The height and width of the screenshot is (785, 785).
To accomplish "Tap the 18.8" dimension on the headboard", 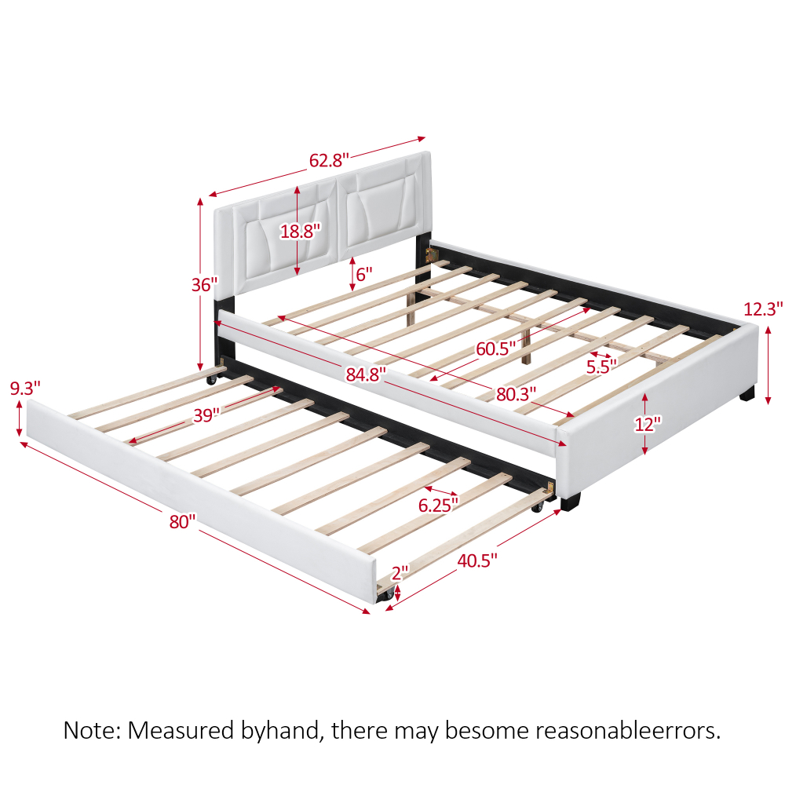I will click(x=301, y=231).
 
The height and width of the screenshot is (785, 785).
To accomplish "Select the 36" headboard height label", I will click(x=203, y=285).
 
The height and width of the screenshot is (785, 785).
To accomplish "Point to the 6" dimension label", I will click(x=363, y=275).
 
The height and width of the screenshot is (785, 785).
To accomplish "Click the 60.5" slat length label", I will click(x=495, y=347).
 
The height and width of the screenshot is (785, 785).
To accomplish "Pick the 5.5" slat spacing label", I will click(x=601, y=365).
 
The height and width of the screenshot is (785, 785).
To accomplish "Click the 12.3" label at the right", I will click(x=764, y=309).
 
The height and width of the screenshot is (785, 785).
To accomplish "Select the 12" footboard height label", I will click(x=648, y=423).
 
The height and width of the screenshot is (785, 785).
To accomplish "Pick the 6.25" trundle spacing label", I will click(x=438, y=506).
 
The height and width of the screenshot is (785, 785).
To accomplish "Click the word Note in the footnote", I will click(x=89, y=731).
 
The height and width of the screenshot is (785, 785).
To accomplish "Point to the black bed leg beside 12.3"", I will click(x=747, y=392).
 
